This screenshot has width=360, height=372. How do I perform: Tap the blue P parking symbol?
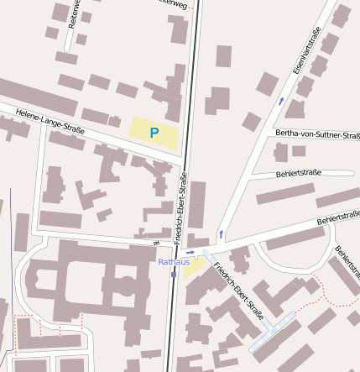tap(154, 133)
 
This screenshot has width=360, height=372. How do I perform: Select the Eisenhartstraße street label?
tap(307, 53)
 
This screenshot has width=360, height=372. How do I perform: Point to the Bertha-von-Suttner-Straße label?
tap(316, 134)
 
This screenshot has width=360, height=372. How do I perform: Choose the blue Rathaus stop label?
tap(174, 262)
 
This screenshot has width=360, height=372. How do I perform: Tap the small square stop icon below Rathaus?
tap(173, 274)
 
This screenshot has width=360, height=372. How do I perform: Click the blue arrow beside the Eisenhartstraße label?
tap(280, 101)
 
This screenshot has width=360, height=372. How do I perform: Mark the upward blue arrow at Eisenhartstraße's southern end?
tap(221, 233)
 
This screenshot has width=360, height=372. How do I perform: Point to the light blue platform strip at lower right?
tap(273, 332)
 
